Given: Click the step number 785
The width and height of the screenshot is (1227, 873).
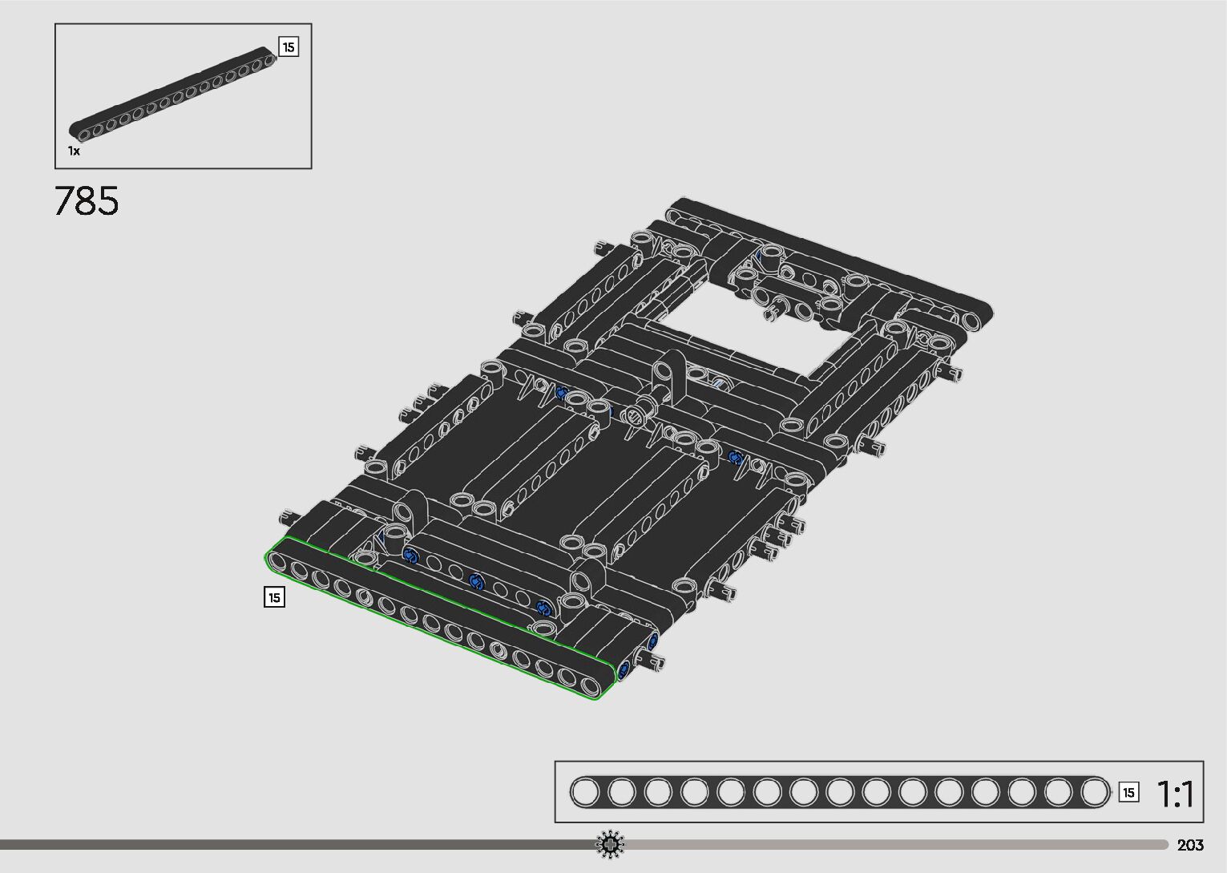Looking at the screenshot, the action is [86, 200].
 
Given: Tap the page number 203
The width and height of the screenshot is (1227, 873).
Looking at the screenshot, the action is [1190, 844].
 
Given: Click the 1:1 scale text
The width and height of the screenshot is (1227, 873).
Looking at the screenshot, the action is [1175, 794].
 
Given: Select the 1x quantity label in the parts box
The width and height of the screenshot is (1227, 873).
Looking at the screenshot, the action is [74, 151].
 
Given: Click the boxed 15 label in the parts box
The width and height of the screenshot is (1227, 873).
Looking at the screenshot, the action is [289, 47].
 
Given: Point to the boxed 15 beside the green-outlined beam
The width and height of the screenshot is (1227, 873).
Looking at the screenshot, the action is [274, 596].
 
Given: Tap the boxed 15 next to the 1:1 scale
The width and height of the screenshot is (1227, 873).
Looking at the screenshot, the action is [1128, 793].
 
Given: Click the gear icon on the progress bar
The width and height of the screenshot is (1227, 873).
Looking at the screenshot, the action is [610, 844].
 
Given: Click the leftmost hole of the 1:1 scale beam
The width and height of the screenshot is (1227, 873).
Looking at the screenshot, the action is [585, 793].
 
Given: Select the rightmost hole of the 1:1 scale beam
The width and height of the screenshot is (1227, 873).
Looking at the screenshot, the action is [1095, 793].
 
